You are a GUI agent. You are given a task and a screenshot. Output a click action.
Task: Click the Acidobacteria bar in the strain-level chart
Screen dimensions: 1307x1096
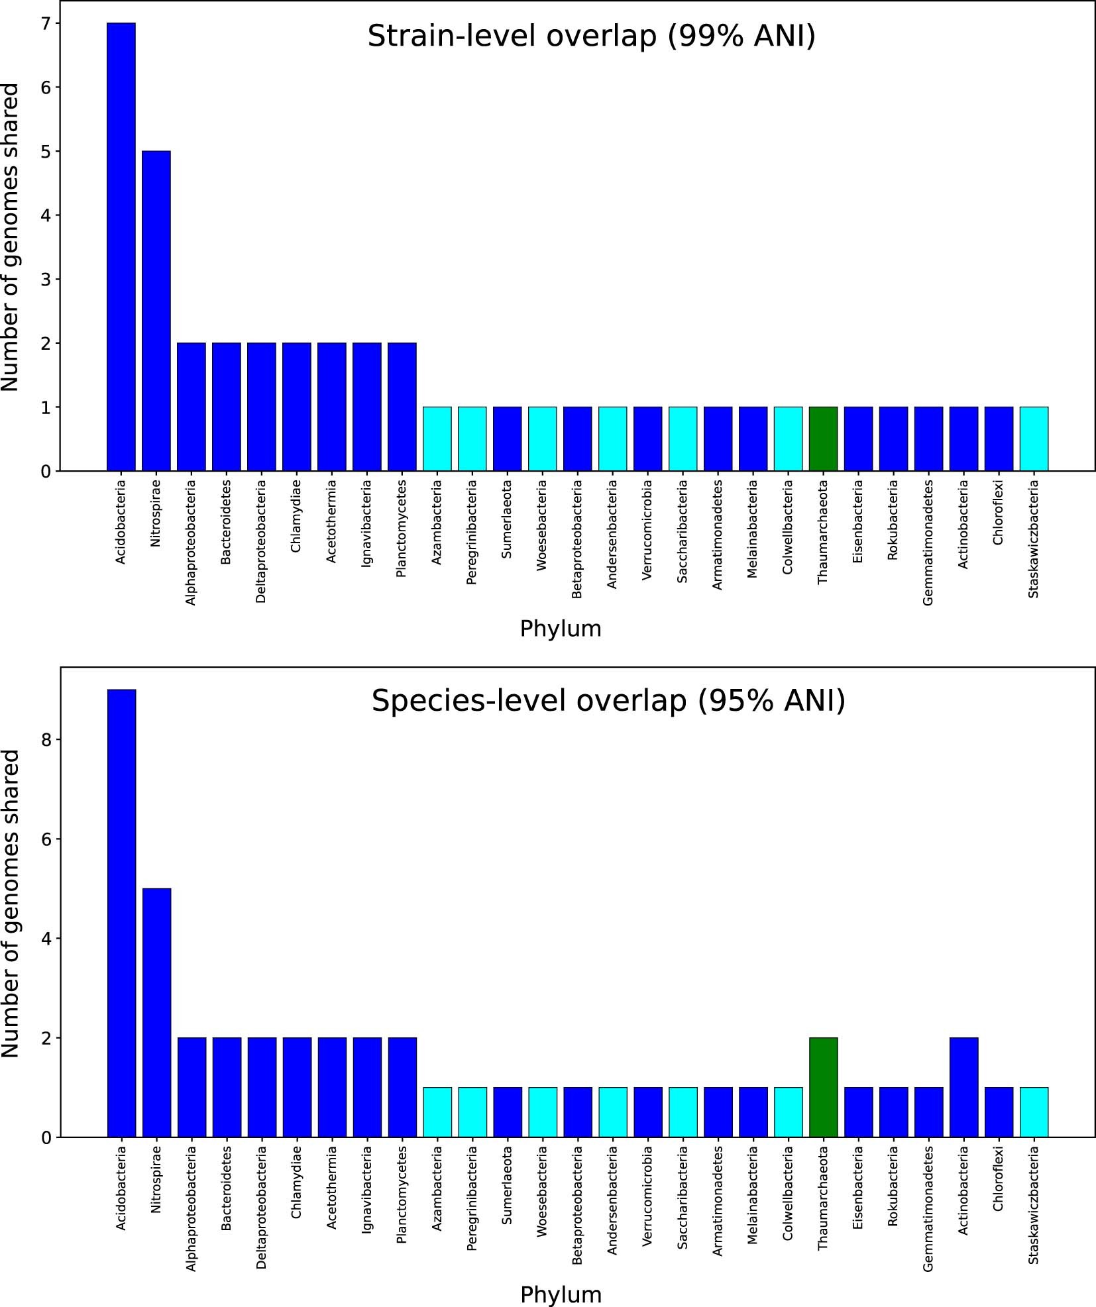pyautogui.click(x=121, y=246)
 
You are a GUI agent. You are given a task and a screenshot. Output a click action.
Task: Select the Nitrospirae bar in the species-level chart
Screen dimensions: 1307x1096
pyautogui.click(x=156, y=1013)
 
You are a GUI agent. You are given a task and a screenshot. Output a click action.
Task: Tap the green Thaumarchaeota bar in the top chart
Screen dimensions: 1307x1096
pyautogui.click(x=823, y=439)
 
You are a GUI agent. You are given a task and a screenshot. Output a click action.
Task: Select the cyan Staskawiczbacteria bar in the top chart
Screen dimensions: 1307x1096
pyautogui.click(x=1034, y=439)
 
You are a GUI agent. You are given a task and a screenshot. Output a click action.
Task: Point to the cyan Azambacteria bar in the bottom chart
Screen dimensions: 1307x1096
pyautogui.click(x=437, y=1112)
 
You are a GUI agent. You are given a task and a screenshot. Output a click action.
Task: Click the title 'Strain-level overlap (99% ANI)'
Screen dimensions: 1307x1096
pyautogui.click(x=591, y=36)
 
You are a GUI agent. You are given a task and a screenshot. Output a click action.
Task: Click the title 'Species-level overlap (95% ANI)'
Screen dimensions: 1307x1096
pyautogui.click(x=608, y=701)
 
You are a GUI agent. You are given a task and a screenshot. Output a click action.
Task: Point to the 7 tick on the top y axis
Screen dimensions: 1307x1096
pyautogui.click(x=46, y=23)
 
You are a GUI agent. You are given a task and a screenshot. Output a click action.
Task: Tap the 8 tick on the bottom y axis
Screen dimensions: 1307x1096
pyautogui.click(x=46, y=740)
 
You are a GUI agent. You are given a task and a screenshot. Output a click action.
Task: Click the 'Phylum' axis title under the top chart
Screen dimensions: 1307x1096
pyautogui.click(x=561, y=629)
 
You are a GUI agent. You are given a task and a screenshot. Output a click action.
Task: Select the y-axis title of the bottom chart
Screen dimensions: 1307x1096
pyautogui.click(x=11, y=904)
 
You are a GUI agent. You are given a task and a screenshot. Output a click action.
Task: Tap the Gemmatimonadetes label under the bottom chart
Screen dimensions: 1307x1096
pyautogui.click(x=928, y=1208)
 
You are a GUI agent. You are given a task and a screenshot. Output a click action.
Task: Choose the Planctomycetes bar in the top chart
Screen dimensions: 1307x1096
pyautogui.click(x=402, y=407)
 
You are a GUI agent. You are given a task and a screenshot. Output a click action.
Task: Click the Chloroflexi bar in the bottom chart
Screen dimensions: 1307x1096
pyautogui.click(x=999, y=1112)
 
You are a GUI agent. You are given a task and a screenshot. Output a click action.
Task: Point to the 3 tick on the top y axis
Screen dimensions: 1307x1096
pyautogui.click(x=46, y=280)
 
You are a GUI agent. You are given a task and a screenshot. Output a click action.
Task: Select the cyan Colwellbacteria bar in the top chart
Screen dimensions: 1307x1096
pyautogui.click(x=788, y=439)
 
